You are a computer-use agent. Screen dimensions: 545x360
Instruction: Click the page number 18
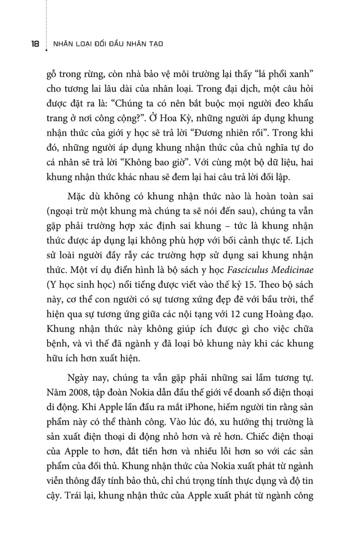(31, 44)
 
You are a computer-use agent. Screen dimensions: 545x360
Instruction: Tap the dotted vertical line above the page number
(46, 18)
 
